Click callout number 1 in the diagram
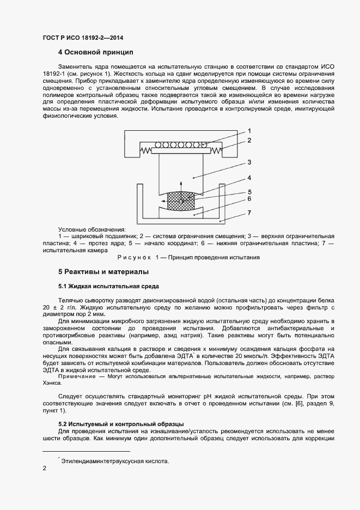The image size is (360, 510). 249,131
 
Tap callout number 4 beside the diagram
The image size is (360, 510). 249,178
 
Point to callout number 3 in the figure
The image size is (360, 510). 249,162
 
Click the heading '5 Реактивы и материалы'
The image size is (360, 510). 103,271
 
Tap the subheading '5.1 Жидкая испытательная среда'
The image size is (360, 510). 108,286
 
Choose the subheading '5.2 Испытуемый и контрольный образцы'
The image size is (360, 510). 120,423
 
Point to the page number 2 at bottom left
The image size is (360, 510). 45,467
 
